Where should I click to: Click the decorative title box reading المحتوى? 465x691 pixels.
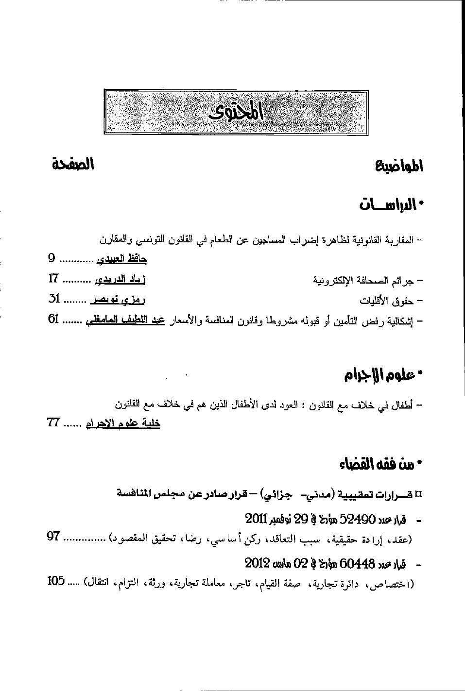236,112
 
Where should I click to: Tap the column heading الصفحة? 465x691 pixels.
73,164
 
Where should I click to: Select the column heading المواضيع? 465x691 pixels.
399,167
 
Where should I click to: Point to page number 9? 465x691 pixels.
52,258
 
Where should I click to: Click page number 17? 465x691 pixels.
53,279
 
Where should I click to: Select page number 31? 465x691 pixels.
53,299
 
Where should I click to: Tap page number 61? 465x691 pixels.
53,320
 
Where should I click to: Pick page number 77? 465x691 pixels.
53,422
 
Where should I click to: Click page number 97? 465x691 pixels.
53,536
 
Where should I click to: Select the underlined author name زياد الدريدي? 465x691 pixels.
120,280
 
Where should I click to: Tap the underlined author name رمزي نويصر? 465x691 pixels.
118,300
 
